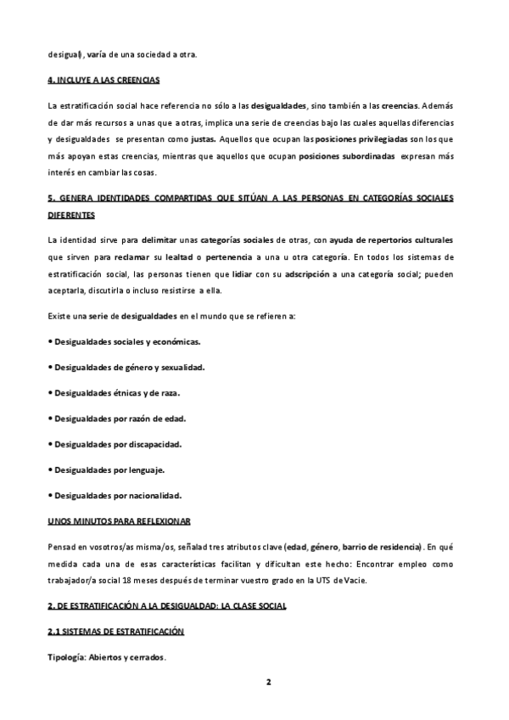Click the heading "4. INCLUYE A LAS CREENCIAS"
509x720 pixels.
[x=104, y=80]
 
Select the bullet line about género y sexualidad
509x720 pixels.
[x=129, y=367]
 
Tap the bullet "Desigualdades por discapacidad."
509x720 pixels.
[x=118, y=443]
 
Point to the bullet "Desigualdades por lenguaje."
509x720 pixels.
[x=109, y=469]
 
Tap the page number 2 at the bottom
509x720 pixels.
[x=267, y=681]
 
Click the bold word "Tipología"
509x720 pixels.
[x=67, y=658]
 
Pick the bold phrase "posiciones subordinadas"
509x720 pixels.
[x=335, y=156]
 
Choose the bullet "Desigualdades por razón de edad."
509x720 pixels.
[x=120, y=418]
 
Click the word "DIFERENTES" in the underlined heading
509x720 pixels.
[x=77, y=215]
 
